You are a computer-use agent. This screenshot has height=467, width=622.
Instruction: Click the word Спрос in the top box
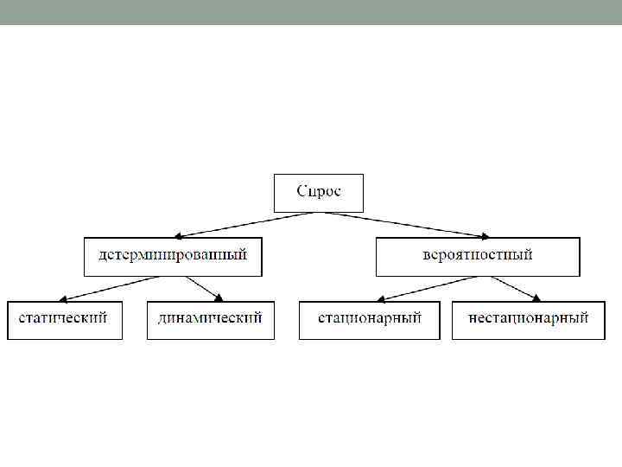tap(319, 191)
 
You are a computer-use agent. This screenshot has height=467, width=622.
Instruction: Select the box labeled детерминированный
tap(173, 255)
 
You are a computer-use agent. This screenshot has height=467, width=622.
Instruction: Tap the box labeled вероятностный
tap(477, 255)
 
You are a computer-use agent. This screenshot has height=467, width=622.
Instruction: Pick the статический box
tap(64, 318)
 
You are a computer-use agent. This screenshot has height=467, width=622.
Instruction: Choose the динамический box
tap(210, 318)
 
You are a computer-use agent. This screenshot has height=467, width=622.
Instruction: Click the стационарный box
tap(369, 318)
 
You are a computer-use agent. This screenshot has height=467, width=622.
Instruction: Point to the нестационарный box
tap(528, 318)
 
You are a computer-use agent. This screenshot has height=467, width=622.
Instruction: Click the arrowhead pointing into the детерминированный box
tap(178, 234)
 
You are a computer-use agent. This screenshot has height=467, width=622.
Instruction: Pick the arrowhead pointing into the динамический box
tap(220, 297)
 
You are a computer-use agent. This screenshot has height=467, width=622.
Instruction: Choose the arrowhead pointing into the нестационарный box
tap(537, 297)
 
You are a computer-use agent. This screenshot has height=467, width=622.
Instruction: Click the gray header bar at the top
tap(311, 12)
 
